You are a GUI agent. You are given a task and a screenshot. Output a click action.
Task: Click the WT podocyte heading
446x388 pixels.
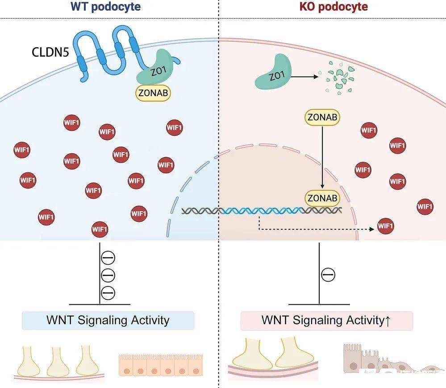click(105, 7)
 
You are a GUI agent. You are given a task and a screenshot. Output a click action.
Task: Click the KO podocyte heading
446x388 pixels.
click(333, 7)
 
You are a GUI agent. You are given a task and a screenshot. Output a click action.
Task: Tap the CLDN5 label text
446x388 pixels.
click(50, 53)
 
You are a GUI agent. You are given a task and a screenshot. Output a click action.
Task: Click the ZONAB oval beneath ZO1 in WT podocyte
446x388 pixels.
click(153, 93)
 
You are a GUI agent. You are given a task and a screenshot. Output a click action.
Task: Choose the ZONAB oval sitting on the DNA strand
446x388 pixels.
click(322, 198)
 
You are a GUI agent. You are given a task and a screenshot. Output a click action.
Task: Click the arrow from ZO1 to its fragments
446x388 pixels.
click(304, 77)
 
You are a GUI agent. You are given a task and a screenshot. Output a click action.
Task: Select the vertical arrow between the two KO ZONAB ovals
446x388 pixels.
click(322, 156)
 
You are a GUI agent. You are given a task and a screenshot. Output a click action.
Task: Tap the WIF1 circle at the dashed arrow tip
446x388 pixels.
click(386, 226)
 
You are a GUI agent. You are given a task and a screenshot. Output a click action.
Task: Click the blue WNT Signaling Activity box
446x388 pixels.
click(108, 320)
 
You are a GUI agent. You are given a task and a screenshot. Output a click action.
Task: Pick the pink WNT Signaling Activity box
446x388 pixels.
click(326, 320)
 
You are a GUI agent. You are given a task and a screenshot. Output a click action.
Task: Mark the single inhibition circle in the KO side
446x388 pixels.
click(328, 275)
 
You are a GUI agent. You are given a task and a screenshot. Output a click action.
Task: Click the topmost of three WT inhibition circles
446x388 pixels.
click(108, 257)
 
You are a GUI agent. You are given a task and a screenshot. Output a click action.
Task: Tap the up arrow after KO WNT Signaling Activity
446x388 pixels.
click(387, 321)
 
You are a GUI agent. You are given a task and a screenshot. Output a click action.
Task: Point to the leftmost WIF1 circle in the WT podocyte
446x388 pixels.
click(21, 150)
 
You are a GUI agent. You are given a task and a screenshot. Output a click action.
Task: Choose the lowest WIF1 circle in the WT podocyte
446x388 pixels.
click(99, 229)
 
